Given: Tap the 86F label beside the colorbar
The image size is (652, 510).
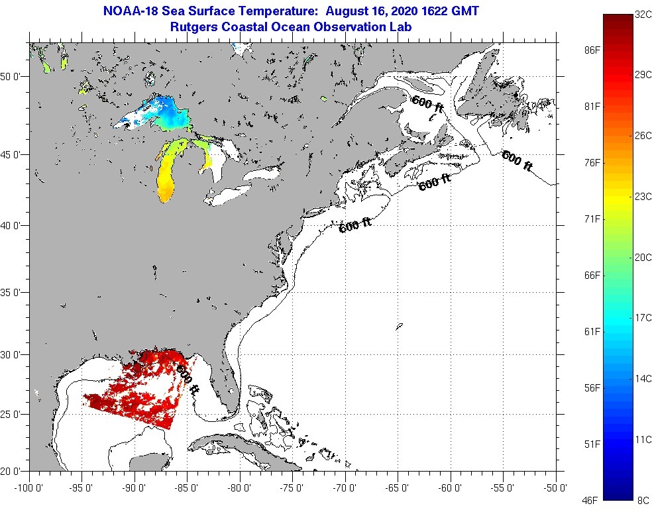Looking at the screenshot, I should pos(592,50).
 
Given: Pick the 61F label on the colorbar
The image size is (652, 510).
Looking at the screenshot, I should pos(592,331).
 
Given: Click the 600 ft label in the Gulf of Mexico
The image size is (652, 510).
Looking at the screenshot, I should pos(188,378).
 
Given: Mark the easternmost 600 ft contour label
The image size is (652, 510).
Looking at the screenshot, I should pos(517,160).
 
